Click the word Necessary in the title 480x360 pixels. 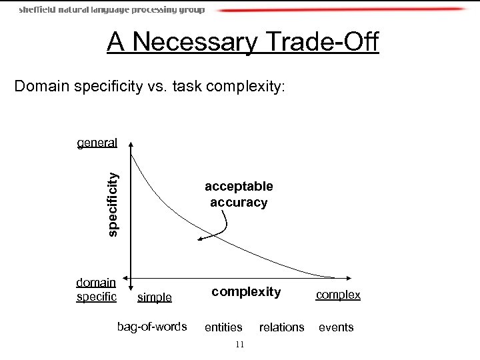point(193,42)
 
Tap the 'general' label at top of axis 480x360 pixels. point(97,142)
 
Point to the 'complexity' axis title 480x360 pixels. point(246,291)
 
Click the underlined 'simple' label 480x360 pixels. point(154,297)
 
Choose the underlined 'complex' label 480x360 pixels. point(338,295)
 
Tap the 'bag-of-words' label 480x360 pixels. point(152,327)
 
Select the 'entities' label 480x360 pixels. point(223,327)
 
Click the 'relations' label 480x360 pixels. point(281,327)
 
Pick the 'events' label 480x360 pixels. point(336,327)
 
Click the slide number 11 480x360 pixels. point(240,344)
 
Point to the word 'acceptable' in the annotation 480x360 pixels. point(239,187)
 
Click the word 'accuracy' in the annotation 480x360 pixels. point(239,202)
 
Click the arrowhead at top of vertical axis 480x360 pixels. point(131,143)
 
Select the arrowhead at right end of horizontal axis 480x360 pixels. point(349,277)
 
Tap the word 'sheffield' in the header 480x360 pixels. point(37,10)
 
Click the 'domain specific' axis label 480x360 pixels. point(97,290)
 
